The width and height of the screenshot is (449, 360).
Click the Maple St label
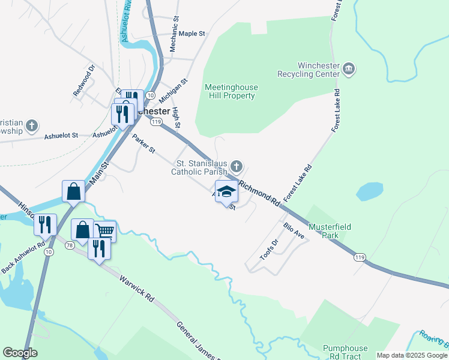(192, 34)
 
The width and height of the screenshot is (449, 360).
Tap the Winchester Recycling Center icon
(349, 70)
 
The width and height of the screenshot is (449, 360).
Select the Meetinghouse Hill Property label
(231, 91)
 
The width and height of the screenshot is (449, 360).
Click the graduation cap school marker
(226, 192)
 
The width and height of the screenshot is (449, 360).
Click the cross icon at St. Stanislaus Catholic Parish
(237, 166)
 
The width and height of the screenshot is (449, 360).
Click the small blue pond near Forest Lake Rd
(369, 192)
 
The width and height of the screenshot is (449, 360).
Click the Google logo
(20, 353)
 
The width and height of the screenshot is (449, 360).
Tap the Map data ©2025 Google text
(411, 355)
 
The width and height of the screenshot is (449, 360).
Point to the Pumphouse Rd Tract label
(345, 352)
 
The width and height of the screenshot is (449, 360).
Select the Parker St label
(144, 143)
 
